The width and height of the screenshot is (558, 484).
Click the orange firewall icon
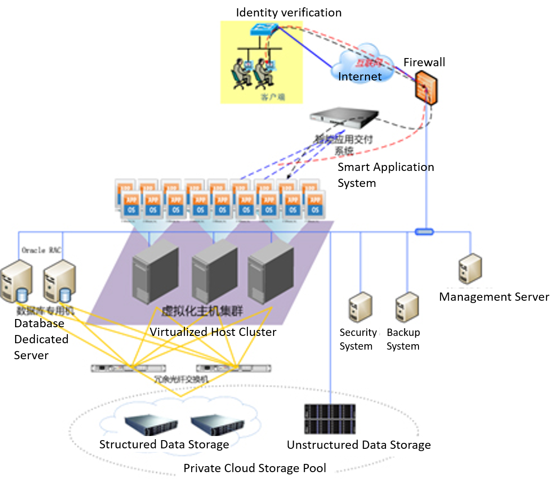coord(426,90)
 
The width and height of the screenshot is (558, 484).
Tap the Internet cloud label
coord(359,76)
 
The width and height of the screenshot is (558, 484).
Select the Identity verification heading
coord(289,12)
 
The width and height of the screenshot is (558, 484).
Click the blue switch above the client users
coord(263,30)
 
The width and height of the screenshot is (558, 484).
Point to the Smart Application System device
coord(344,117)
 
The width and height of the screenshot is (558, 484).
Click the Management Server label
coord(494,297)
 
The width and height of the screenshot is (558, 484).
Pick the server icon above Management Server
coord(470,270)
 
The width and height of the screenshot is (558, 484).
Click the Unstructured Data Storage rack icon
coord(329,419)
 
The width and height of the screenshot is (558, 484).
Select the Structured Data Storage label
coord(164,444)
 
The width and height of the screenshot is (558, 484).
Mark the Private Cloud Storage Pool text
coord(255,468)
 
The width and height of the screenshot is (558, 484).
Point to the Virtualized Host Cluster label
coord(213,332)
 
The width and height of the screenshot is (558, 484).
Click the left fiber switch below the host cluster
coord(128,368)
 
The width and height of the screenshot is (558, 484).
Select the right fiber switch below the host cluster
coord(233,368)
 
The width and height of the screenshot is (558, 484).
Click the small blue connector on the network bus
coord(424,232)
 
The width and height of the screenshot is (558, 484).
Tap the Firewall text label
coord(424,62)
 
